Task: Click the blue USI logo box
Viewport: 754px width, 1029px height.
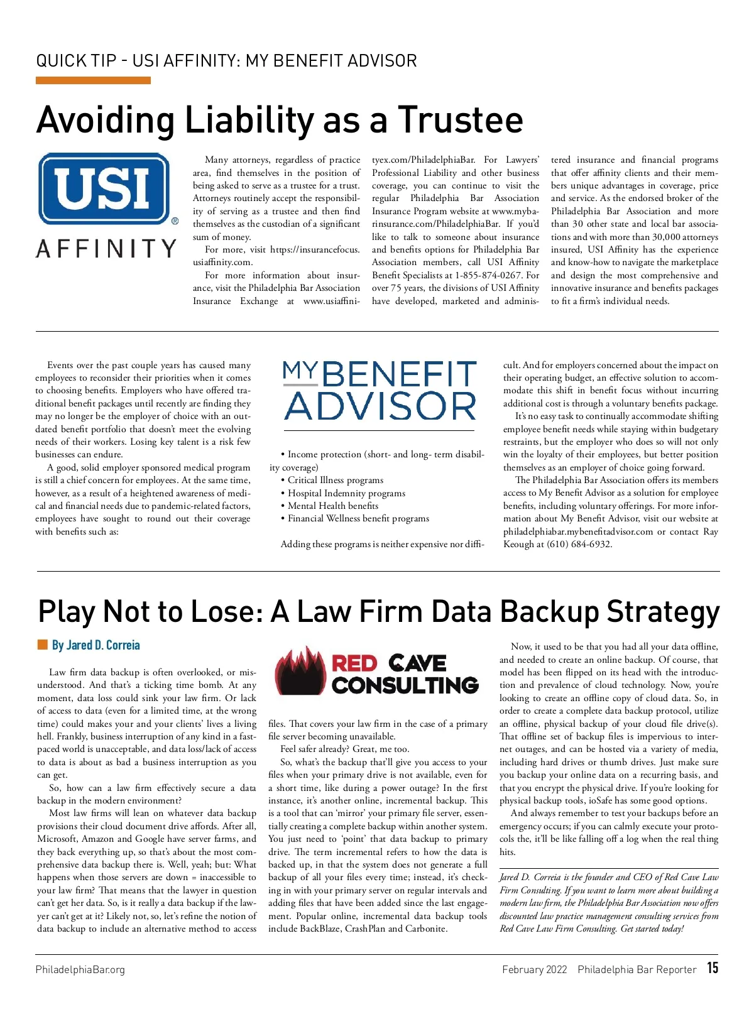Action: point(104,188)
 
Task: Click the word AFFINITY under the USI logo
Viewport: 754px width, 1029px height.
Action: point(106,249)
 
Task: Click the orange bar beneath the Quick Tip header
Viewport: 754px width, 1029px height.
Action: point(93,80)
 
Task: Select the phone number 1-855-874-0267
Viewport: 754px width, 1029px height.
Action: point(488,275)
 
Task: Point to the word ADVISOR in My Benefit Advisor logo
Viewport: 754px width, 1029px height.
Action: point(381,406)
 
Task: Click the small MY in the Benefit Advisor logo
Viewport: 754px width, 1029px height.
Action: point(300,373)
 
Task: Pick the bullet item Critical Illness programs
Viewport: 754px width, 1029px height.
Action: point(335,480)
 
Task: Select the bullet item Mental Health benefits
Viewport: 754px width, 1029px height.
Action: point(333,506)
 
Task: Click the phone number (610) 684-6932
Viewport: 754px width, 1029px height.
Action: point(572,544)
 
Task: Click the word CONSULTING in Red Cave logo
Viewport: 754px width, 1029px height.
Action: point(405,685)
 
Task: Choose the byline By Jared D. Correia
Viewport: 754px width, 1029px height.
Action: point(96,645)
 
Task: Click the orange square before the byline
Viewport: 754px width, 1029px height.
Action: point(43,645)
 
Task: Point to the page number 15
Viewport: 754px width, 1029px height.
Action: point(712,968)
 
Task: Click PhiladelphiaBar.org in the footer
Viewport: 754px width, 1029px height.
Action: point(80,969)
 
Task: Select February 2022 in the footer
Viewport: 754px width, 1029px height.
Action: point(534,969)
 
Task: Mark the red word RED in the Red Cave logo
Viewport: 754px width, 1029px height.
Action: point(354,663)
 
